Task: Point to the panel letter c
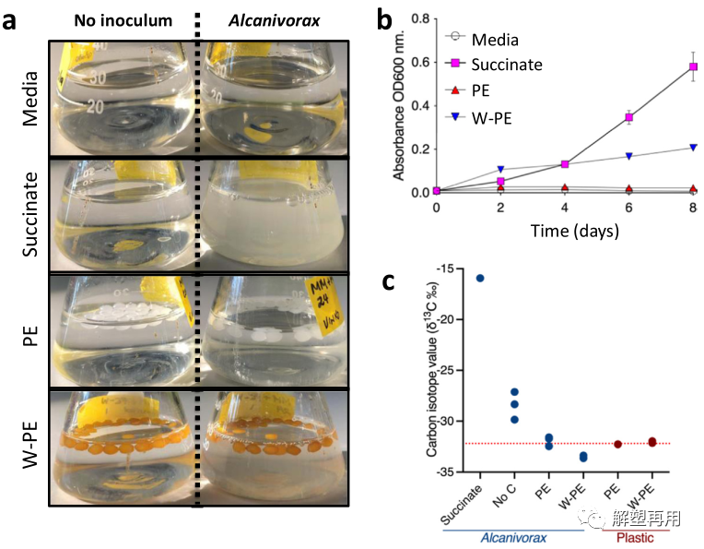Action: pyautogui.click(x=390, y=282)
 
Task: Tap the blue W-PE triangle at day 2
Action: pyautogui.click(x=500, y=170)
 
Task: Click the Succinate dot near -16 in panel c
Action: pyautogui.click(x=480, y=278)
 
